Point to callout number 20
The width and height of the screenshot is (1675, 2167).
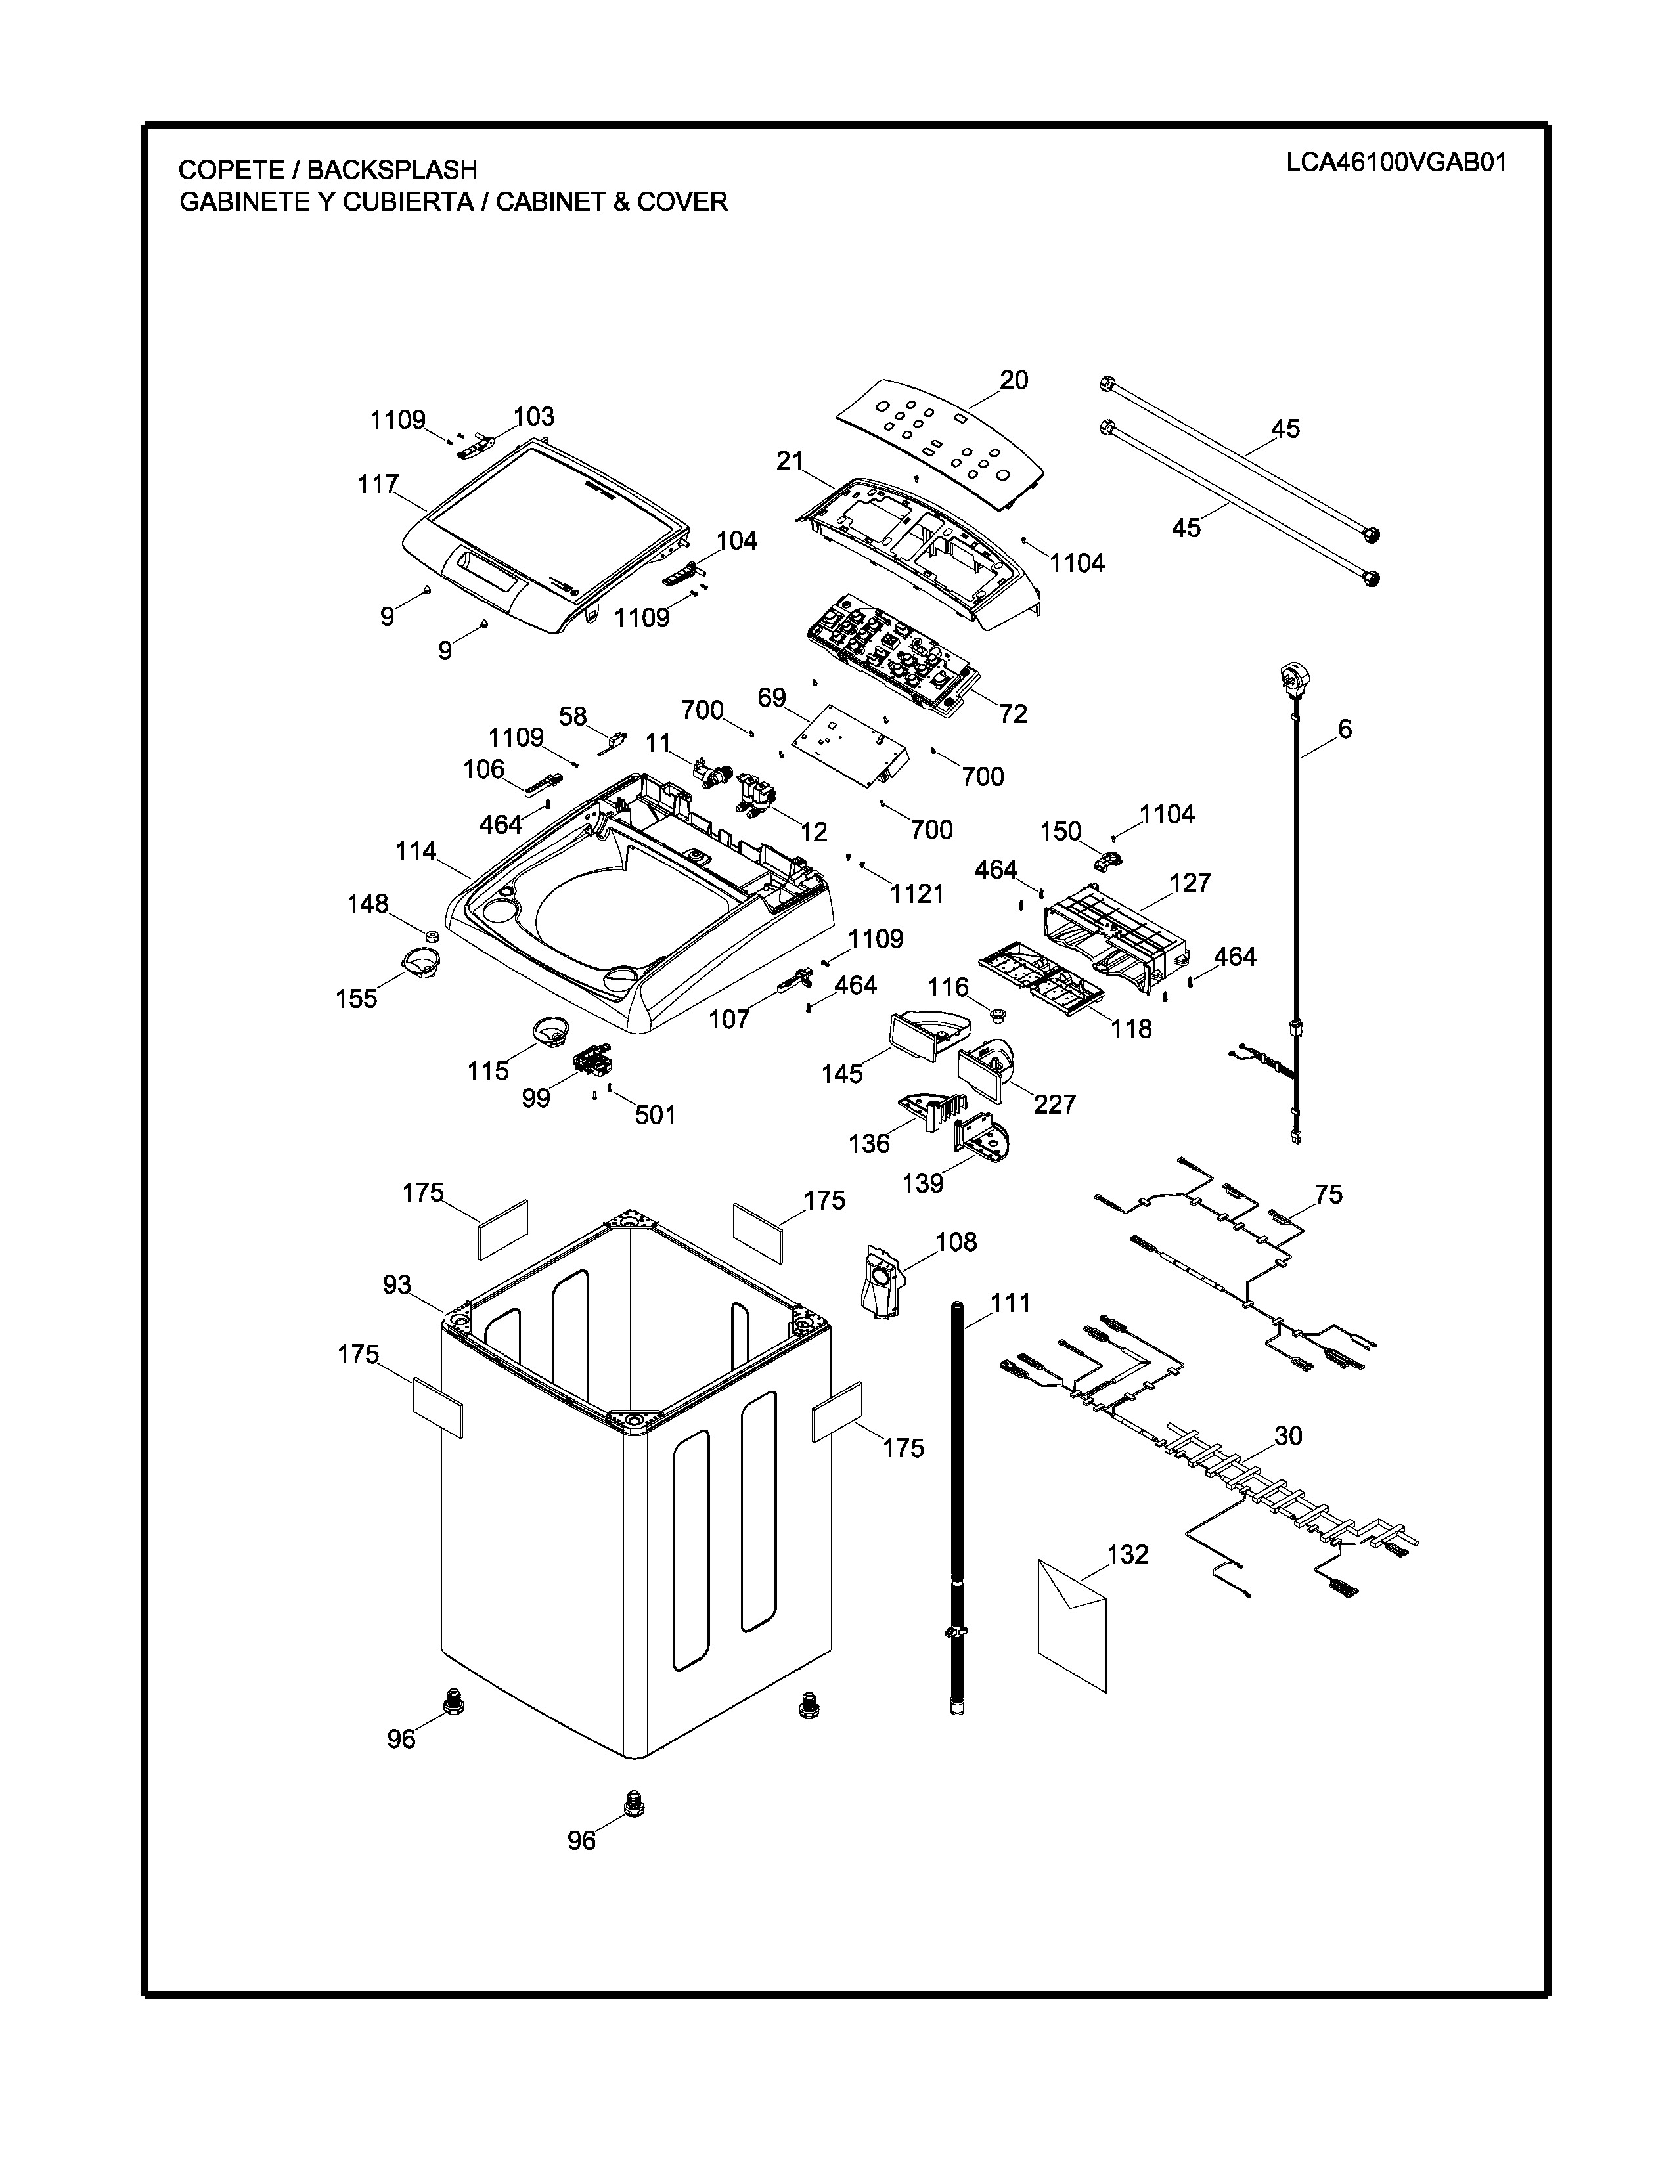1013,380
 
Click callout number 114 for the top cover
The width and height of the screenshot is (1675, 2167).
416,851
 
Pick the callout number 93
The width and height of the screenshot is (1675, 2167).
397,1285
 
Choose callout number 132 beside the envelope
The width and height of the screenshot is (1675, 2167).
1127,1555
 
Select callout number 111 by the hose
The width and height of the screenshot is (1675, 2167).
1010,1303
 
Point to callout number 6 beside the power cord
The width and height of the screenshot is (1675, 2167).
1345,730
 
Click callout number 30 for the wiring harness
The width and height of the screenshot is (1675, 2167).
1288,1435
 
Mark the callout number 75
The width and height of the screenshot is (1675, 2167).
1329,1194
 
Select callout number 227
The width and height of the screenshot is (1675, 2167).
1054,1105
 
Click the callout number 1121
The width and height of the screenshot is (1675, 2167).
916,894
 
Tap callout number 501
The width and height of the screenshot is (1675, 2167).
655,1115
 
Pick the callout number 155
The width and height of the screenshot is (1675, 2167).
356,998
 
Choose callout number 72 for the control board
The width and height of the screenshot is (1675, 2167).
1013,713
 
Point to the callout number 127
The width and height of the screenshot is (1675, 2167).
1190,883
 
